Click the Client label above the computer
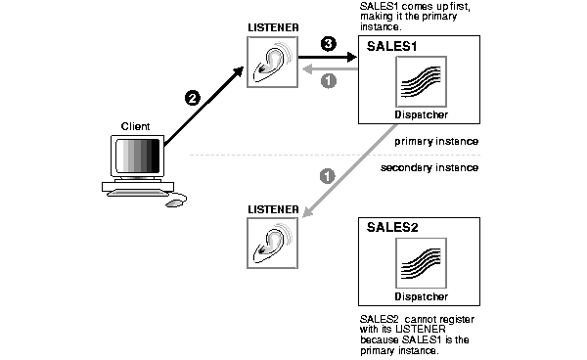pos(135,127)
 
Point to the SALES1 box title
pos(388,46)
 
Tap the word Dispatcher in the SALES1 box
pos(421,114)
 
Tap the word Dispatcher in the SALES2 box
pos(421,295)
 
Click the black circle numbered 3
pos(329,44)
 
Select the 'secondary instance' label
pos(429,168)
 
